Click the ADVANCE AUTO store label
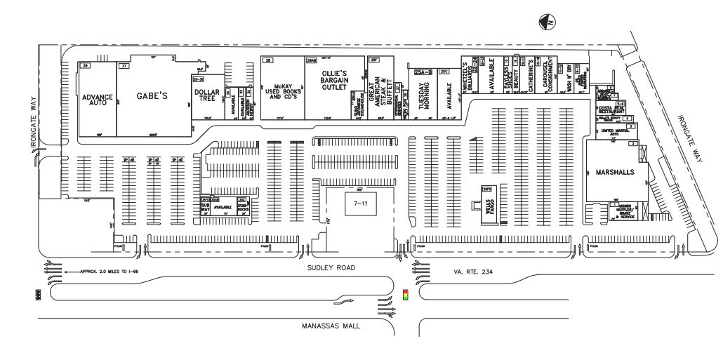[97, 99]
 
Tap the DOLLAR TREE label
[207, 95]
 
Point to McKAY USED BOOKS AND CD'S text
[281, 92]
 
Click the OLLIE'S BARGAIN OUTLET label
[334, 80]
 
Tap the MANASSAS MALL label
[328, 326]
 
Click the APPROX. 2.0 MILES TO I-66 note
[106, 271]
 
